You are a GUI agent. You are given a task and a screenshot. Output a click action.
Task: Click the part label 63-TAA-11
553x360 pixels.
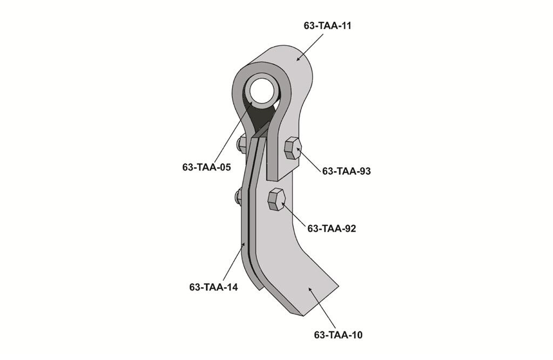pyautogui.click(x=327, y=26)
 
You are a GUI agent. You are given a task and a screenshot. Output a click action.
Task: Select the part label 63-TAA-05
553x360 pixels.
pyautogui.click(x=206, y=167)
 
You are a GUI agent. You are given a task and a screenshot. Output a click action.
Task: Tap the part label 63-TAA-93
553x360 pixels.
pyautogui.click(x=346, y=171)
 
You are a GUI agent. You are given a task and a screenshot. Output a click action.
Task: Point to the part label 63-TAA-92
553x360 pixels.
pyautogui.click(x=332, y=228)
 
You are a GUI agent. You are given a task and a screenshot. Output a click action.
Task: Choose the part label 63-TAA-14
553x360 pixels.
pyautogui.click(x=213, y=287)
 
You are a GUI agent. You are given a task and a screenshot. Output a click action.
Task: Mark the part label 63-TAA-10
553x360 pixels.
pyautogui.click(x=338, y=335)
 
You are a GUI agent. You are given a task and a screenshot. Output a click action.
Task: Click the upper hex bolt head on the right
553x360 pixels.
pyautogui.click(x=293, y=149)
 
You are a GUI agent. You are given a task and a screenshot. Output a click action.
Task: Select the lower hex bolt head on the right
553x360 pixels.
pyautogui.click(x=276, y=200)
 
